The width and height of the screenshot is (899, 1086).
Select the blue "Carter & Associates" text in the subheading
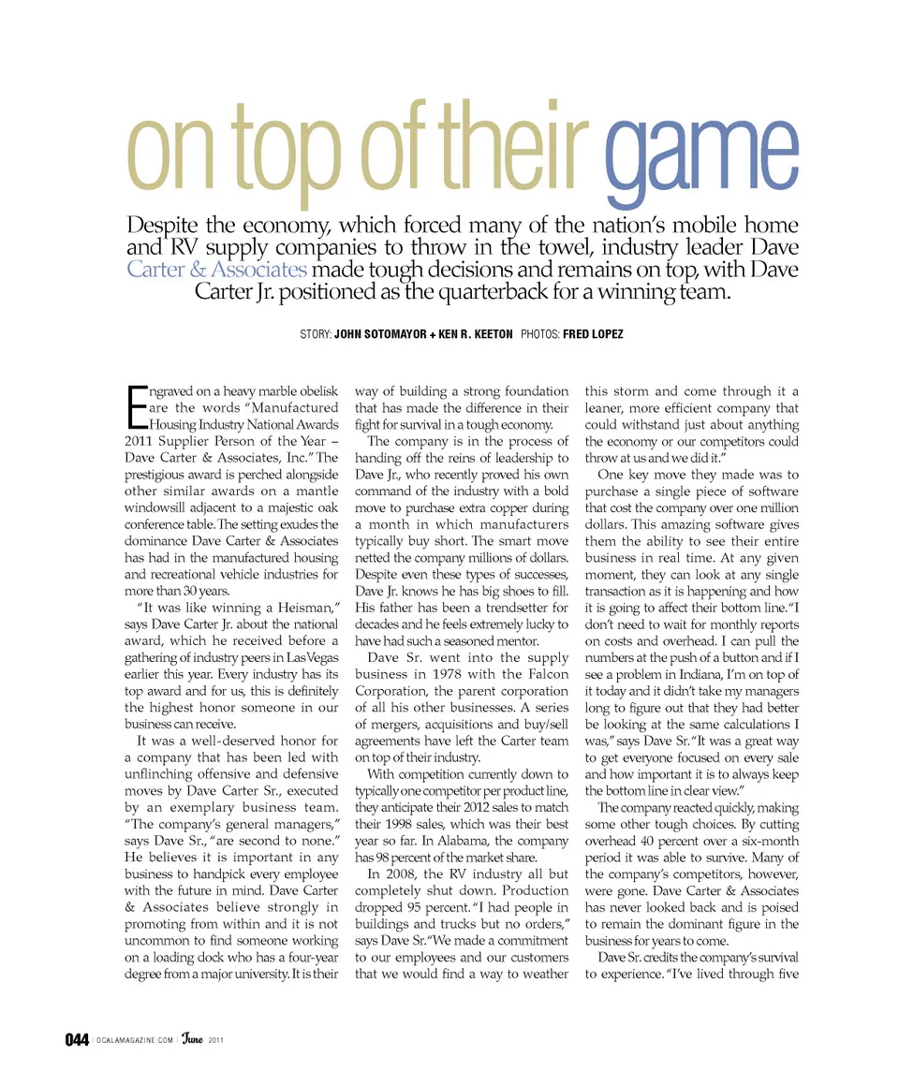[x=216, y=270]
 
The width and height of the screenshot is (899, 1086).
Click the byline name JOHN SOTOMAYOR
[x=380, y=334]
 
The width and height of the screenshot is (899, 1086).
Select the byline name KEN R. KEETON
[x=475, y=334]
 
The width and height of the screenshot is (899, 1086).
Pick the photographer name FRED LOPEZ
[x=593, y=334]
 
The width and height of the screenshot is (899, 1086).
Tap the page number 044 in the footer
[x=77, y=1039]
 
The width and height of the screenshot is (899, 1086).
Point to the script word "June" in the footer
[x=194, y=1038]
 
